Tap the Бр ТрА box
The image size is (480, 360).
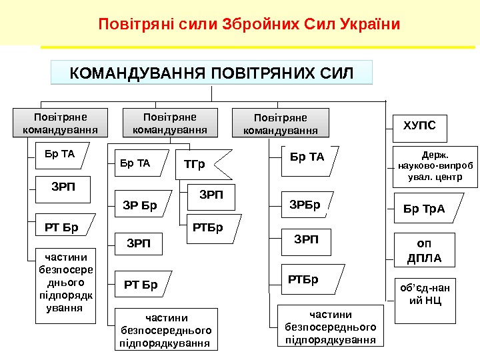point(425,209)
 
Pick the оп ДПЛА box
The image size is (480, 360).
point(425,250)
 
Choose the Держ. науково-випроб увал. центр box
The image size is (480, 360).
point(436,166)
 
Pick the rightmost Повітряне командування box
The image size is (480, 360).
point(280,124)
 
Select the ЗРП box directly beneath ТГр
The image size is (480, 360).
point(211,195)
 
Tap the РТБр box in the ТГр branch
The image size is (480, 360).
point(209,228)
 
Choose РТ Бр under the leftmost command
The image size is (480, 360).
point(64,227)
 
